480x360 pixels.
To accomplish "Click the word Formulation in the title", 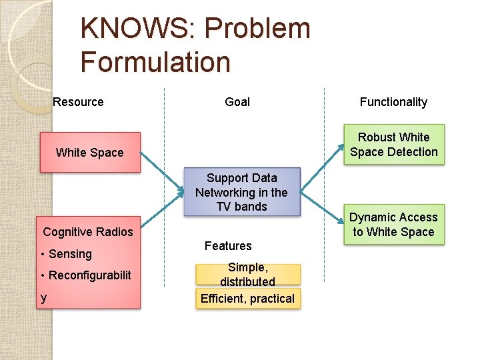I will coord(155,62).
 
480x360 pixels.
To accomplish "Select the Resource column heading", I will coord(78,102).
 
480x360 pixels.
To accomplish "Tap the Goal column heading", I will coord(237,102).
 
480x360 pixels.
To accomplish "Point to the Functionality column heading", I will coord(393,102).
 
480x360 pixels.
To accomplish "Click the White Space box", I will coord(90,153).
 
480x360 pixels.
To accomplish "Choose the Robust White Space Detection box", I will coord(394,145).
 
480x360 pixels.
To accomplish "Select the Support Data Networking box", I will coord(241,192).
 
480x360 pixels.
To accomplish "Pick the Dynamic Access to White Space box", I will coord(394,225).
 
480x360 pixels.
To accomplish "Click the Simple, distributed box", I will coord(247,274).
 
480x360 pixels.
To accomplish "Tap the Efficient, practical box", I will coord(247,299).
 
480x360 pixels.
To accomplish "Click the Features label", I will coord(228,246).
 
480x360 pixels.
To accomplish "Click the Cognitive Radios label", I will coord(88,232).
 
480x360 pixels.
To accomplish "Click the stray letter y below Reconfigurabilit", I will coord(43,298).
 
